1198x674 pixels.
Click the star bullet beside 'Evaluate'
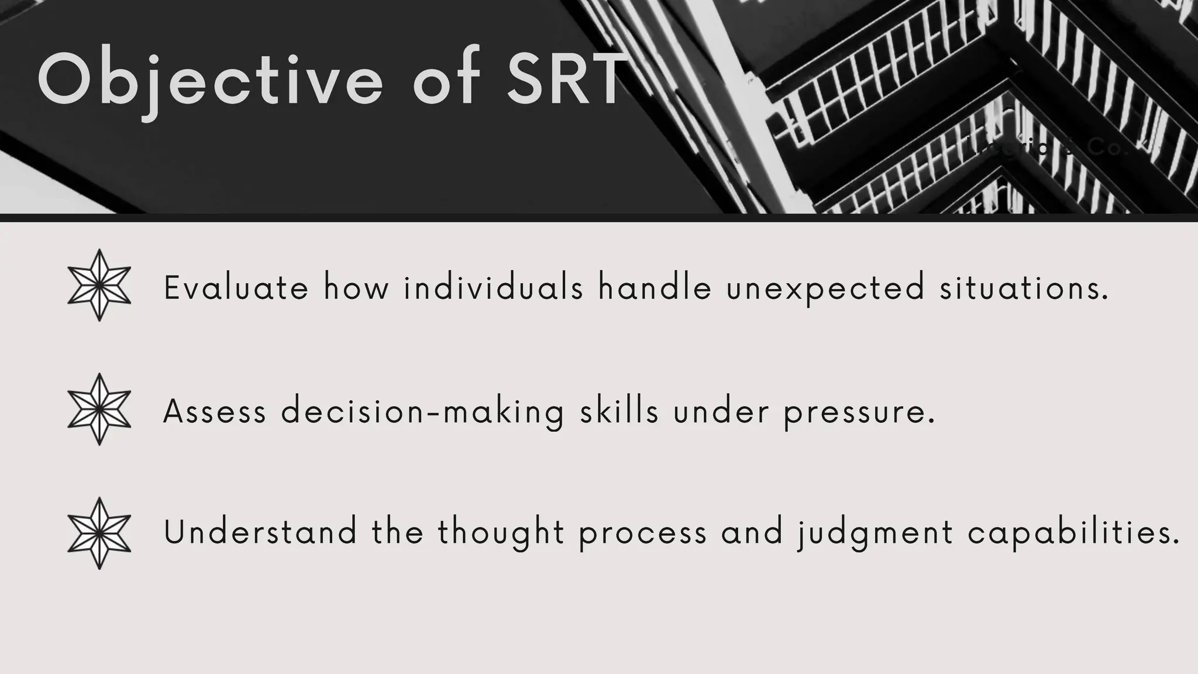tap(99, 286)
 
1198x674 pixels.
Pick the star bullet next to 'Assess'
tap(99, 410)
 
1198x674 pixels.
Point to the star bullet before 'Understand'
tap(99, 534)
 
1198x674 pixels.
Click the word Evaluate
tap(236, 288)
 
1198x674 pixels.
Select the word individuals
tap(494, 288)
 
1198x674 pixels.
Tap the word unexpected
tap(825, 289)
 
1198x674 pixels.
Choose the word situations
tap(1024, 288)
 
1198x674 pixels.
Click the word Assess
tap(215, 412)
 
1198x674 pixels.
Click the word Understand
tap(260, 532)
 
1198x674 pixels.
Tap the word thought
tap(501, 534)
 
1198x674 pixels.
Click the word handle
tap(655, 288)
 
